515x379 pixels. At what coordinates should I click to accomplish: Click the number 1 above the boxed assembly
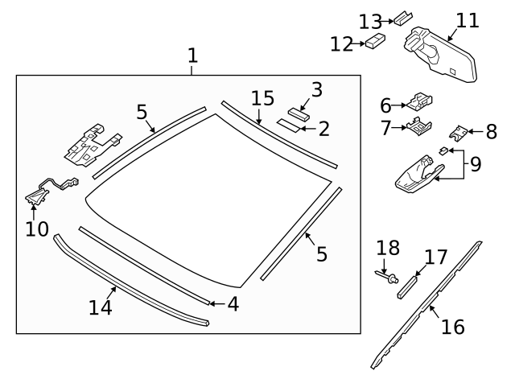pos(192,56)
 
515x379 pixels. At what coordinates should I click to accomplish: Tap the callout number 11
pos(467,20)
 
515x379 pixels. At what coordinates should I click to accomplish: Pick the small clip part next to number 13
pos(402,18)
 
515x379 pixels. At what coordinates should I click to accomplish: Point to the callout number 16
pos(453,327)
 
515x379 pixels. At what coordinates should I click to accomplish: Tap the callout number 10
pos(37,229)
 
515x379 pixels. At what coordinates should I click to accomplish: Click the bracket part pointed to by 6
pos(419,102)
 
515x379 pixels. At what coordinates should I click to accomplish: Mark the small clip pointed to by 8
pos(459,130)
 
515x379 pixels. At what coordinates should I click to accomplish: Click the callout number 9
pos(475,165)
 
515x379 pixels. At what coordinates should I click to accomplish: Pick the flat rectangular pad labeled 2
pos(288,126)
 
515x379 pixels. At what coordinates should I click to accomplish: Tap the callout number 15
pos(262,99)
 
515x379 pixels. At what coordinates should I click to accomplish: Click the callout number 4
pos(232,304)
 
